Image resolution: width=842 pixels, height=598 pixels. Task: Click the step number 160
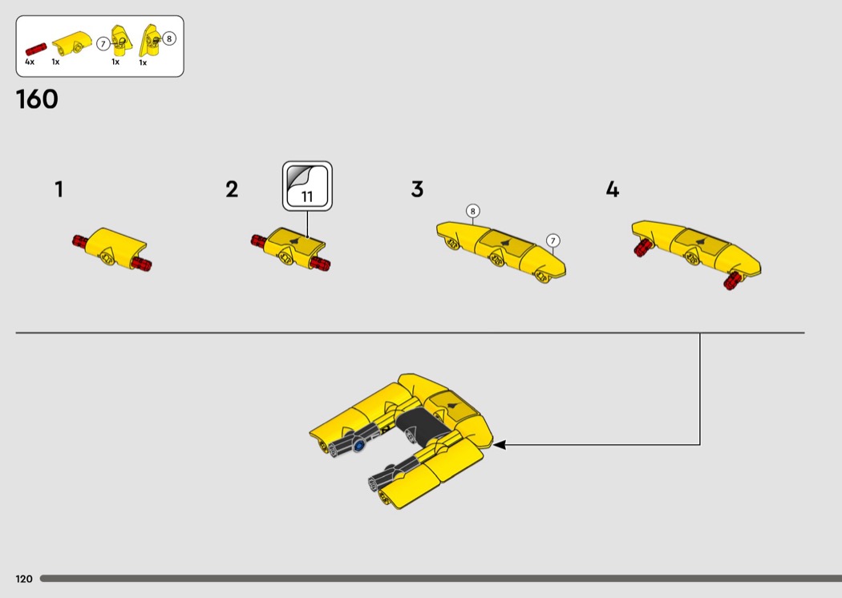coord(37,99)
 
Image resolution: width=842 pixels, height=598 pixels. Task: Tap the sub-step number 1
coord(59,189)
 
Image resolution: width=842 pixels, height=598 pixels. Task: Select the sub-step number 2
coord(232,189)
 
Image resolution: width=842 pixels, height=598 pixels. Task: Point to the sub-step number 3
coord(417,189)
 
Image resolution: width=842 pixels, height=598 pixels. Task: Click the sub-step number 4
coord(612,189)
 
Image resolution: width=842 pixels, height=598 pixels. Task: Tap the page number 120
coord(24,579)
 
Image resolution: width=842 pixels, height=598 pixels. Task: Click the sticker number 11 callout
coord(307,186)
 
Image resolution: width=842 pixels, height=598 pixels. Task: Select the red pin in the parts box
coord(36,50)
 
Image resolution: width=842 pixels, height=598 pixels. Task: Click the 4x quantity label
coord(30,62)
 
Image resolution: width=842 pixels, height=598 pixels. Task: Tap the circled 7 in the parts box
coord(103,44)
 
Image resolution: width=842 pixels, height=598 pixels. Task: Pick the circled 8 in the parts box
coord(169,38)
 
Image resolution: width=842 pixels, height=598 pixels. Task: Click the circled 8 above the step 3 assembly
coord(472,211)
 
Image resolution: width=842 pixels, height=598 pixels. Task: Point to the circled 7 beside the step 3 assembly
coord(553,240)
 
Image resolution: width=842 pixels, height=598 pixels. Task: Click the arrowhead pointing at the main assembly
coord(499,444)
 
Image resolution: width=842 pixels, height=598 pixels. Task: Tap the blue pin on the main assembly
coord(358,445)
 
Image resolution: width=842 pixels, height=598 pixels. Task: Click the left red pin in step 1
coord(80,241)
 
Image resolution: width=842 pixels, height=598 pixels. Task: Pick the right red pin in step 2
coord(321,264)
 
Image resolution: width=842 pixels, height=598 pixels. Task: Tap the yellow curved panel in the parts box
coord(72,43)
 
